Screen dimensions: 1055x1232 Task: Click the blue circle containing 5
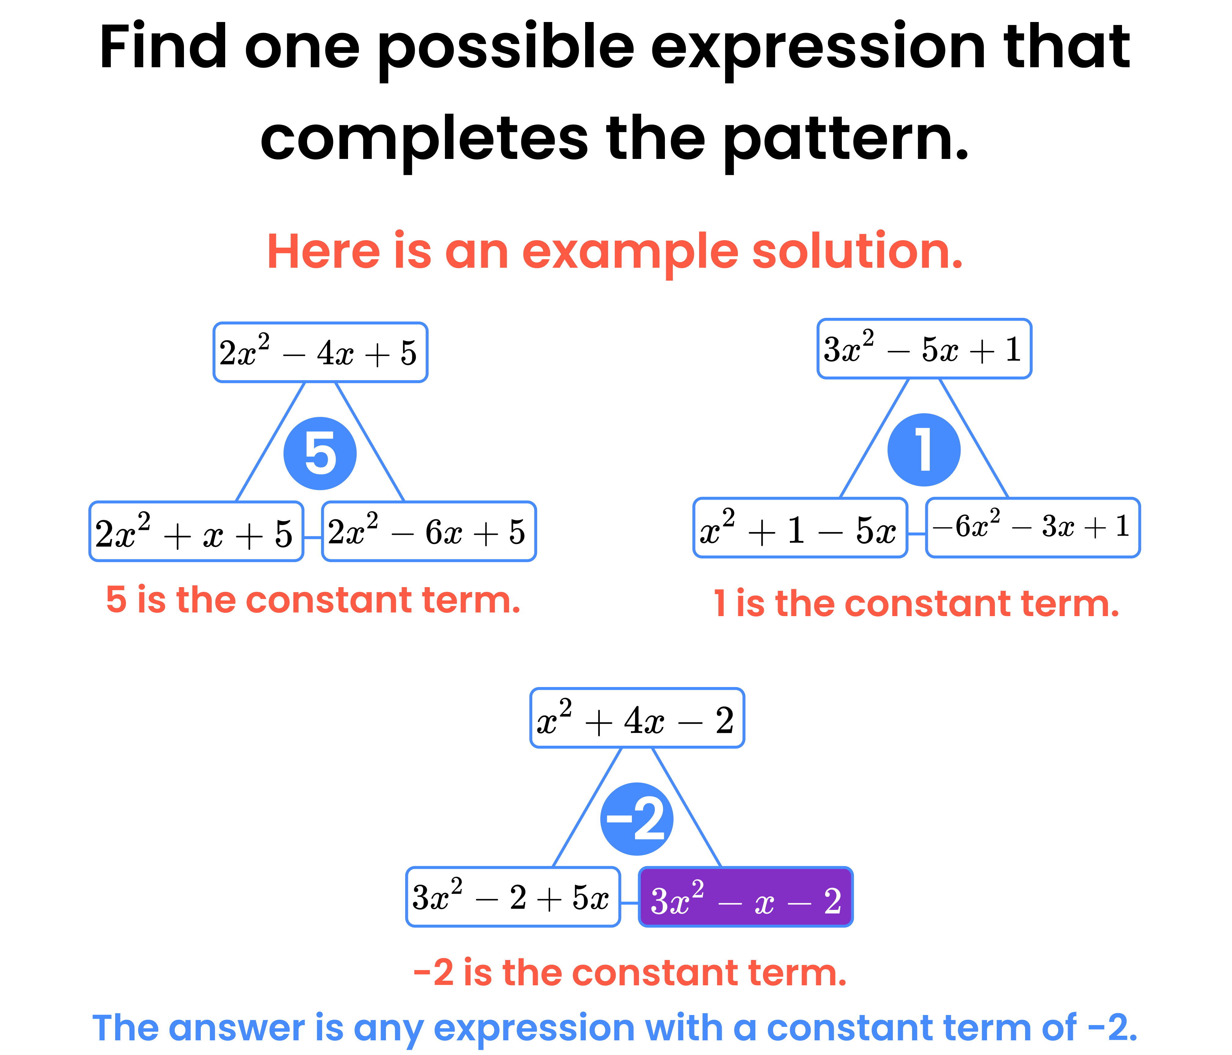[320, 453]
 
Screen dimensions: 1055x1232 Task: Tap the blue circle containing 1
[923, 450]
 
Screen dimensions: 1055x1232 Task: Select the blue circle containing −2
[636, 819]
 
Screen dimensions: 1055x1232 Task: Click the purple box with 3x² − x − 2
[746, 897]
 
